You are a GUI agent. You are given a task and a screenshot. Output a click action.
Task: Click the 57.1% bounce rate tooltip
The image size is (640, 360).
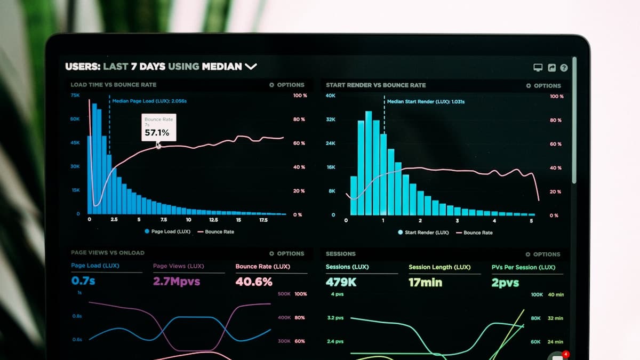coord(158,127)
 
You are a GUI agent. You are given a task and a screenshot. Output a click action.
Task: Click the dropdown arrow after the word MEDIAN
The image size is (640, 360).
coord(251,67)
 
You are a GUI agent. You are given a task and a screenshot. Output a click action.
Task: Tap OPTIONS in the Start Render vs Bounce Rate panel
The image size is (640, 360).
coord(543,85)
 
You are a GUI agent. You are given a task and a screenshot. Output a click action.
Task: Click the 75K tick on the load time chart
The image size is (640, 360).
coord(75,95)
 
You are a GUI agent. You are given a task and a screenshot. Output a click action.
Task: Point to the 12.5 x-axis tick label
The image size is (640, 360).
coord(213,220)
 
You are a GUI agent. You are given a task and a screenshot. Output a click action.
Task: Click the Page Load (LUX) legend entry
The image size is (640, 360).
coord(167,231)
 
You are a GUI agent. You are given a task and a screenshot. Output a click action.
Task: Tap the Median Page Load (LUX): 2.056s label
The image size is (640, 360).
coord(149,101)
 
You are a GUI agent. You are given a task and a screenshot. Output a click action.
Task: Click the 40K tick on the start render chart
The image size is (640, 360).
coord(331,95)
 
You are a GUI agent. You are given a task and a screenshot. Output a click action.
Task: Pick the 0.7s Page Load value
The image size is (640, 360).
coord(83,281)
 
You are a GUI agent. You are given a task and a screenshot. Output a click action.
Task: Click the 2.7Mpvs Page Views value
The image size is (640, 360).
coord(177,281)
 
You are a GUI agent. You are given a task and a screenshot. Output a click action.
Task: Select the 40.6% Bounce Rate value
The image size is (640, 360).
coord(254,281)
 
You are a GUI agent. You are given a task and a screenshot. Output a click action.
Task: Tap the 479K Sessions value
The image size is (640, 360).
coord(341,282)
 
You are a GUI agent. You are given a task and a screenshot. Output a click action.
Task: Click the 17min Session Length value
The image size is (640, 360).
coord(425,282)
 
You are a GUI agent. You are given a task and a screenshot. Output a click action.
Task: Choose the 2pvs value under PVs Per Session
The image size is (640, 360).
coord(505,283)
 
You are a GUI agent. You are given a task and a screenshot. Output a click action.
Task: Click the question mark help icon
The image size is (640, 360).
coord(564,68)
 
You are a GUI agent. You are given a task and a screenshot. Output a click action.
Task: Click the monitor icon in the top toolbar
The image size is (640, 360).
coord(538,68)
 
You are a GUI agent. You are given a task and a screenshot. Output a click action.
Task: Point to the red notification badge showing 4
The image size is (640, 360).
coord(566,354)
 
